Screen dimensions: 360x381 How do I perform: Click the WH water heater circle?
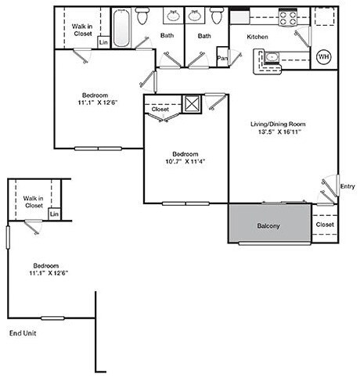[324, 56]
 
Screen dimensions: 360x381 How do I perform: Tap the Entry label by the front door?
[347, 186]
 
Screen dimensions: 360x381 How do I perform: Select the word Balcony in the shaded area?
[268, 226]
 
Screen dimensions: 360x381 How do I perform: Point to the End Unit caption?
[23, 333]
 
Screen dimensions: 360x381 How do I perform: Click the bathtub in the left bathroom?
[121, 27]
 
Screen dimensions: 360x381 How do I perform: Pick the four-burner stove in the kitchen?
[288, 17]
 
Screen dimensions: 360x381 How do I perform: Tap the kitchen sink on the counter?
[272, 57]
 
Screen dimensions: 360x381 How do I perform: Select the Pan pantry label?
[222, 58]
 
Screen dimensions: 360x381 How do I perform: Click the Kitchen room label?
[257, 37]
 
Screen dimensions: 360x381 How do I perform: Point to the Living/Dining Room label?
[278, 124]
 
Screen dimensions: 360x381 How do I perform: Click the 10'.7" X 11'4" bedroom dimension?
[185, 161]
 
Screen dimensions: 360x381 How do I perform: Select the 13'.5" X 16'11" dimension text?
[279, 131]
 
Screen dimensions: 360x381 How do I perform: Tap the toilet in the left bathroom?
[142, 16]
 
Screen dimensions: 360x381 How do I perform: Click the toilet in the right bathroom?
[217, 16]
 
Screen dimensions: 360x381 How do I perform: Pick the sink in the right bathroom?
[195, 16]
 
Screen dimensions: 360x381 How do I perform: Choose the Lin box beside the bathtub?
[103, 42]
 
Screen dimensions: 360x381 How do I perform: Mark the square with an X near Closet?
[192, 104]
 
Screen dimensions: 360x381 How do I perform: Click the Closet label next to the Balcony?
[325, 225]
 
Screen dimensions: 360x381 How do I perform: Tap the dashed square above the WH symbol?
[324, 16]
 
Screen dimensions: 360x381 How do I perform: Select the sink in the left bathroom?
[174, 16]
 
